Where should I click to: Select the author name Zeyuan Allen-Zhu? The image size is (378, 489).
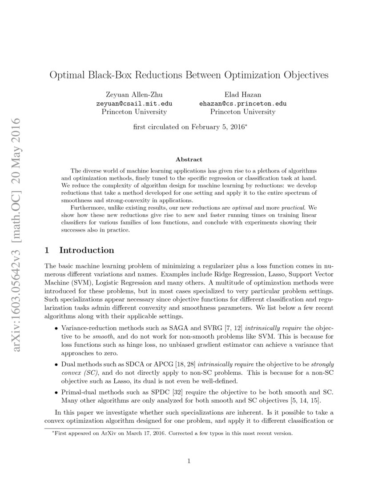134,95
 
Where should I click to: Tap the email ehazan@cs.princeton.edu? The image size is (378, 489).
243,104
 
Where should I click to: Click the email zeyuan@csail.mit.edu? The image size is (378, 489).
134,104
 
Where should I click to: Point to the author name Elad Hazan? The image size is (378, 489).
243,95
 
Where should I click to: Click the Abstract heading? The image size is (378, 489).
189,159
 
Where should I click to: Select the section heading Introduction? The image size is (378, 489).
87,250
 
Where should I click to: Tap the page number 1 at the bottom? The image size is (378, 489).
189,461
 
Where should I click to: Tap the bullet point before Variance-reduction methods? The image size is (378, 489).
56,328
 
